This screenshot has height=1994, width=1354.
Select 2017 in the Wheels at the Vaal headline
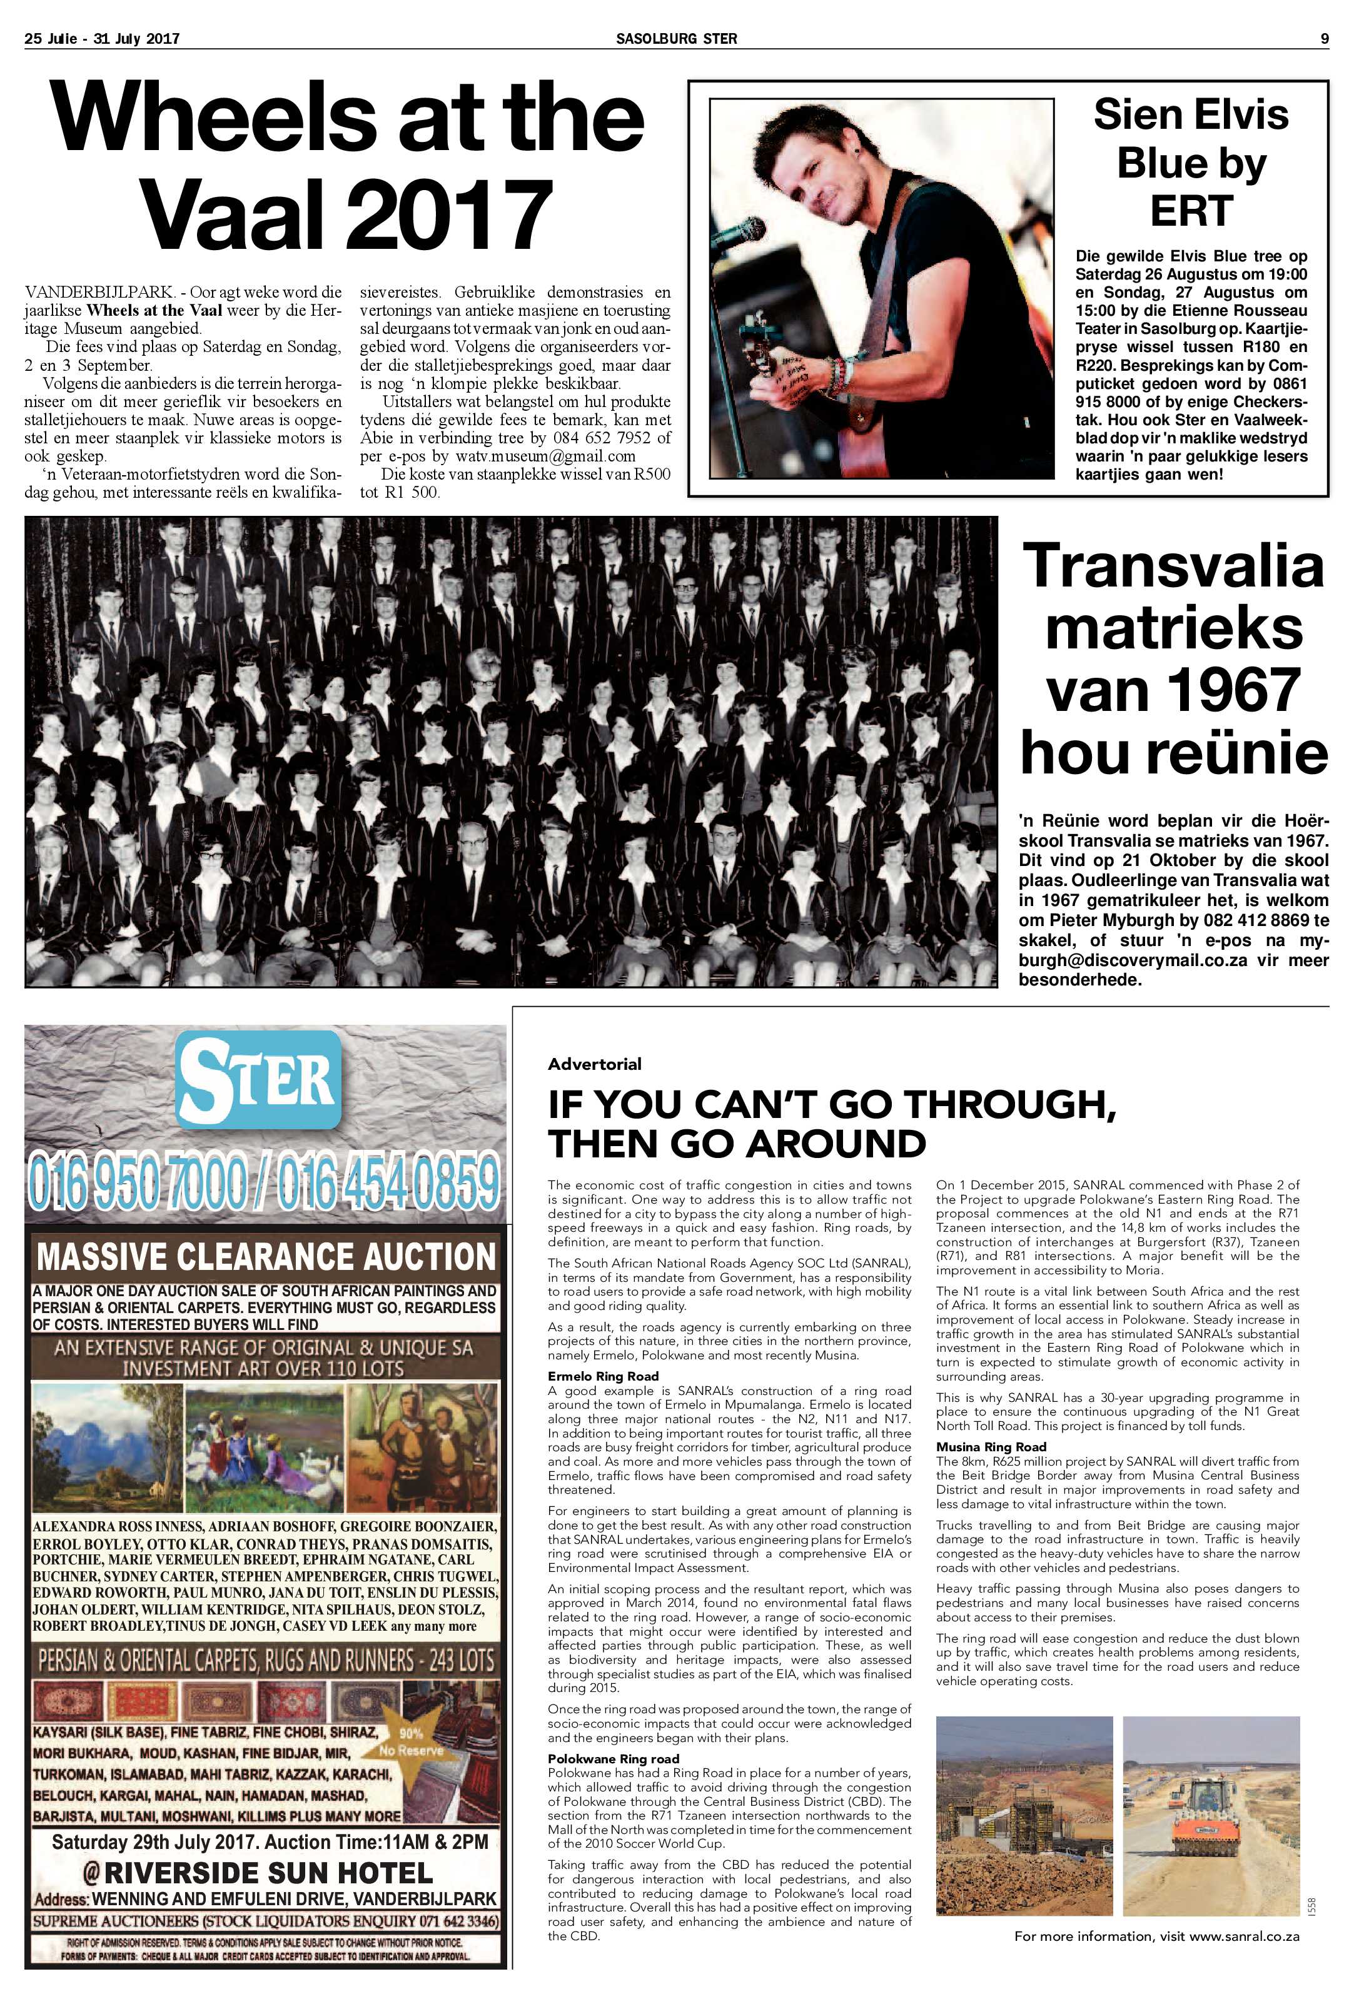446,212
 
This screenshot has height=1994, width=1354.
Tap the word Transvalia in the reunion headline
1173,567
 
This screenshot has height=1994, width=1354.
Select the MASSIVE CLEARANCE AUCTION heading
266,1257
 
